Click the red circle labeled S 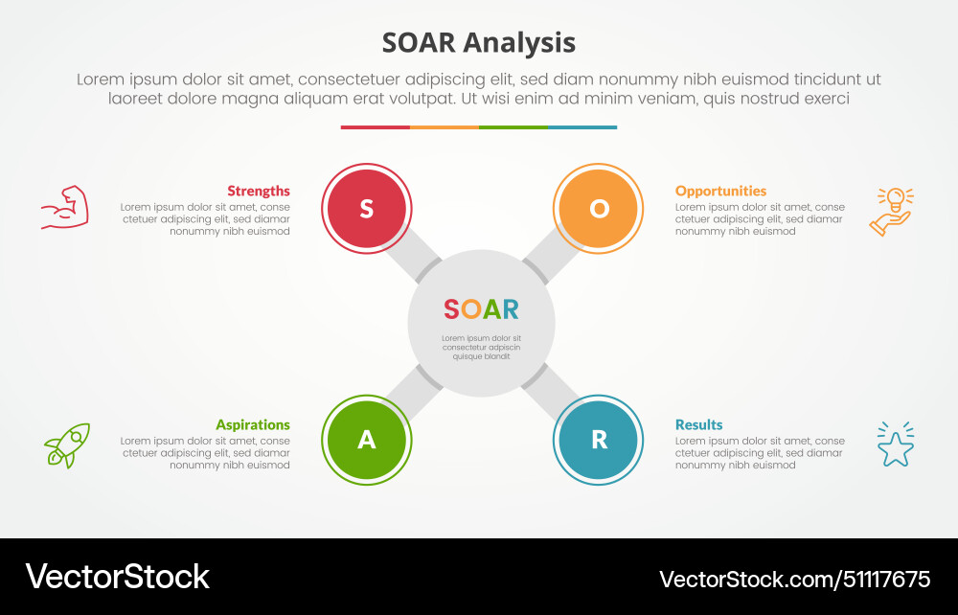pos(367,209)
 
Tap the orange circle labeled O pos(599,209)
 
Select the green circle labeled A pos(367,440)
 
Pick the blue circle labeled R pos(599,440)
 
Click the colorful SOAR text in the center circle pos(481,309)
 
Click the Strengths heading pos(258,191)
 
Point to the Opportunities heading pos(720,191)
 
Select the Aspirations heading pos(252,424)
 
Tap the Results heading pos(698,424)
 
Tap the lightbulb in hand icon pos(893,211)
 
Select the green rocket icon pos(67,445)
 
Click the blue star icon pos(895,445)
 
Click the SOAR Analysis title pos(479,43)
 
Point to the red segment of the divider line pos(375,126)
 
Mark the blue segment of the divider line pos(582,126)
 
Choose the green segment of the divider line pos(513,126)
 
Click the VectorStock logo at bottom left pos(117,577)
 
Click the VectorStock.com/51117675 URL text pos(794,579)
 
